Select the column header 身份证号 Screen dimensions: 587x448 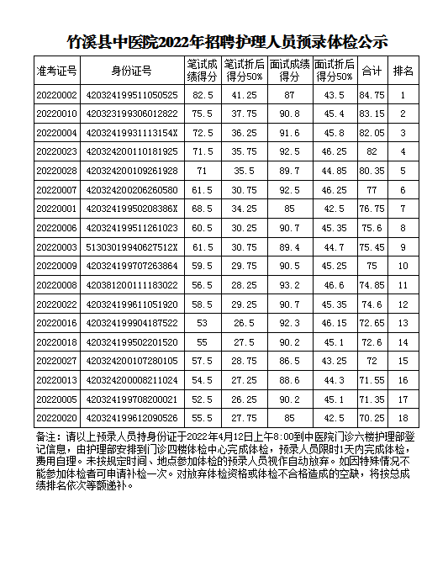click(x=131, y=71)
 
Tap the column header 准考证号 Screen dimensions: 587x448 click(x=57, y=71)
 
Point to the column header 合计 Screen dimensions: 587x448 click(x=372, y=71)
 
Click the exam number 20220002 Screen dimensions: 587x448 click(x=57, y=96)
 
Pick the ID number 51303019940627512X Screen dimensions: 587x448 click(x=131, y=247)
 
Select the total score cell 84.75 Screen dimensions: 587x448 click(x=372, y=96)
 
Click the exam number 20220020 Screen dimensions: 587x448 click(x=57, y=418)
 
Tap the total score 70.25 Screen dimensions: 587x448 click(x=372, y=418)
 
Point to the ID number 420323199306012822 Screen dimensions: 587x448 click(x=131, y=114)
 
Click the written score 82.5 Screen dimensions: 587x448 click(x=203, y=96)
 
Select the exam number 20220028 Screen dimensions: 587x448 click(x=57, y=172)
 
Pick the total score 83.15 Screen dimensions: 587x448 click(x=372, y=114)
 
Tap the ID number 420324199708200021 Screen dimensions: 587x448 click(x=131, y=399)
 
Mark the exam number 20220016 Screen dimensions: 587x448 click(x=57, y=323)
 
